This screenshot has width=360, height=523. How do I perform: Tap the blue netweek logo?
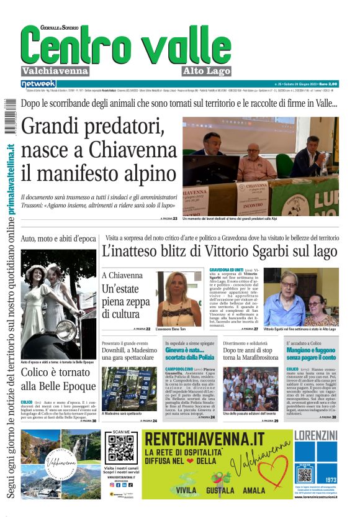tap(38, 83)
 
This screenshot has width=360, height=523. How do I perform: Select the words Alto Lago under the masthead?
tap(207, 71)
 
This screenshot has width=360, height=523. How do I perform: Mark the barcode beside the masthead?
tap(9, 114)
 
